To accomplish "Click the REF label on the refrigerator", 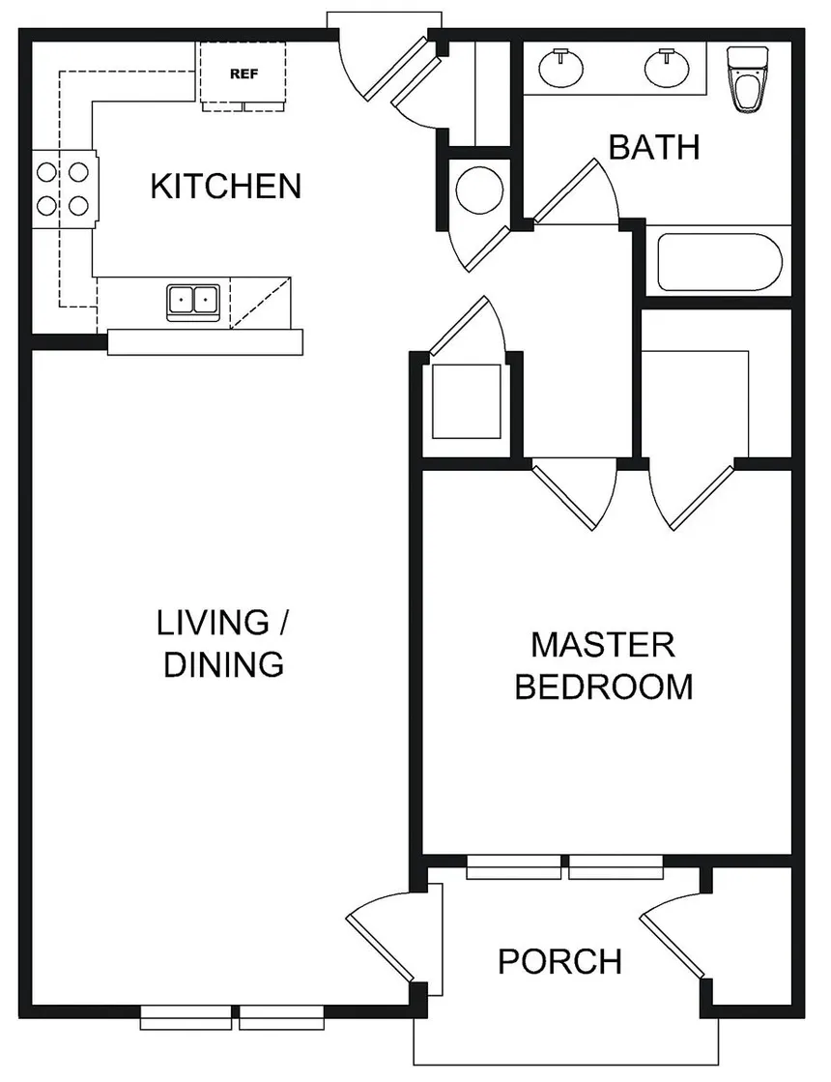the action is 244,73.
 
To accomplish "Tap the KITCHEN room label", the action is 226,187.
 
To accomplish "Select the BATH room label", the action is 654,147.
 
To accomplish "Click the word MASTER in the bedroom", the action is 603,645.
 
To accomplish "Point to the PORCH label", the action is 560,961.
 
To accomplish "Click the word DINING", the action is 224,664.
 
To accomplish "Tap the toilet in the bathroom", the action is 748,79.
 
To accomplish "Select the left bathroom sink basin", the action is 560,68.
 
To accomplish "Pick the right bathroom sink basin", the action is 667,68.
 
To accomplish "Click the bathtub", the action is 720,262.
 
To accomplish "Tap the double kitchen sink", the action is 193,302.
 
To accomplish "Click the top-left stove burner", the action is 46,171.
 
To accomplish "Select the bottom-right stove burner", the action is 78,205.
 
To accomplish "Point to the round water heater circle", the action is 479,190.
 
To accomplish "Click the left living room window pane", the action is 186,1017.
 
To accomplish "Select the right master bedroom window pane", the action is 616,866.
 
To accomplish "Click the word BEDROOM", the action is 604,687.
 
